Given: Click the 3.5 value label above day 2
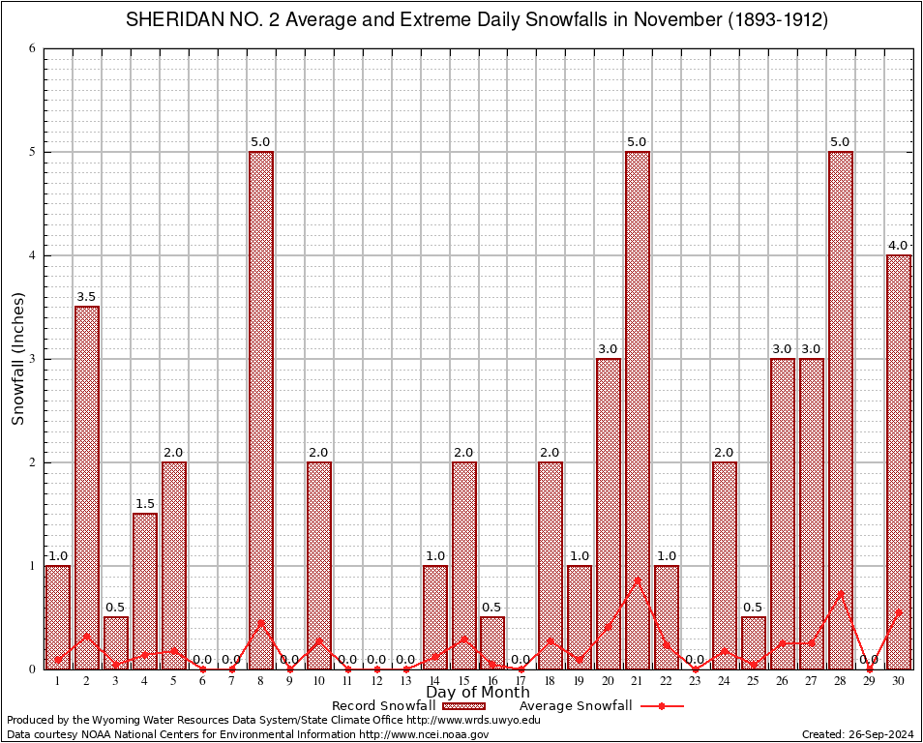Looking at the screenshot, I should (87, 297).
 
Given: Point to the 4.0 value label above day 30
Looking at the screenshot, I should (899, 246).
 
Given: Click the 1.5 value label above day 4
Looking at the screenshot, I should (145, 504).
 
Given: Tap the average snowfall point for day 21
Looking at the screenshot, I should (638, 580).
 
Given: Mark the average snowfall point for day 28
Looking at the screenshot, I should (841, 592).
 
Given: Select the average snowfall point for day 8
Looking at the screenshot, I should (261, 623).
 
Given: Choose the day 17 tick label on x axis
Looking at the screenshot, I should (521, 681).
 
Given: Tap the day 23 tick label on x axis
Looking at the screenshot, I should (696, 681).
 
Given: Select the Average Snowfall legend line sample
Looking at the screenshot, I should (662, 706).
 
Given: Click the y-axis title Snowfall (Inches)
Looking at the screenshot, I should (18, 358).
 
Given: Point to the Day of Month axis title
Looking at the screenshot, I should (478, 693).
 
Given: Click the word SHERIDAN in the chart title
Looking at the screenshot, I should (168, 20).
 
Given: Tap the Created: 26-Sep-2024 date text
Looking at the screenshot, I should (858, 734).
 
